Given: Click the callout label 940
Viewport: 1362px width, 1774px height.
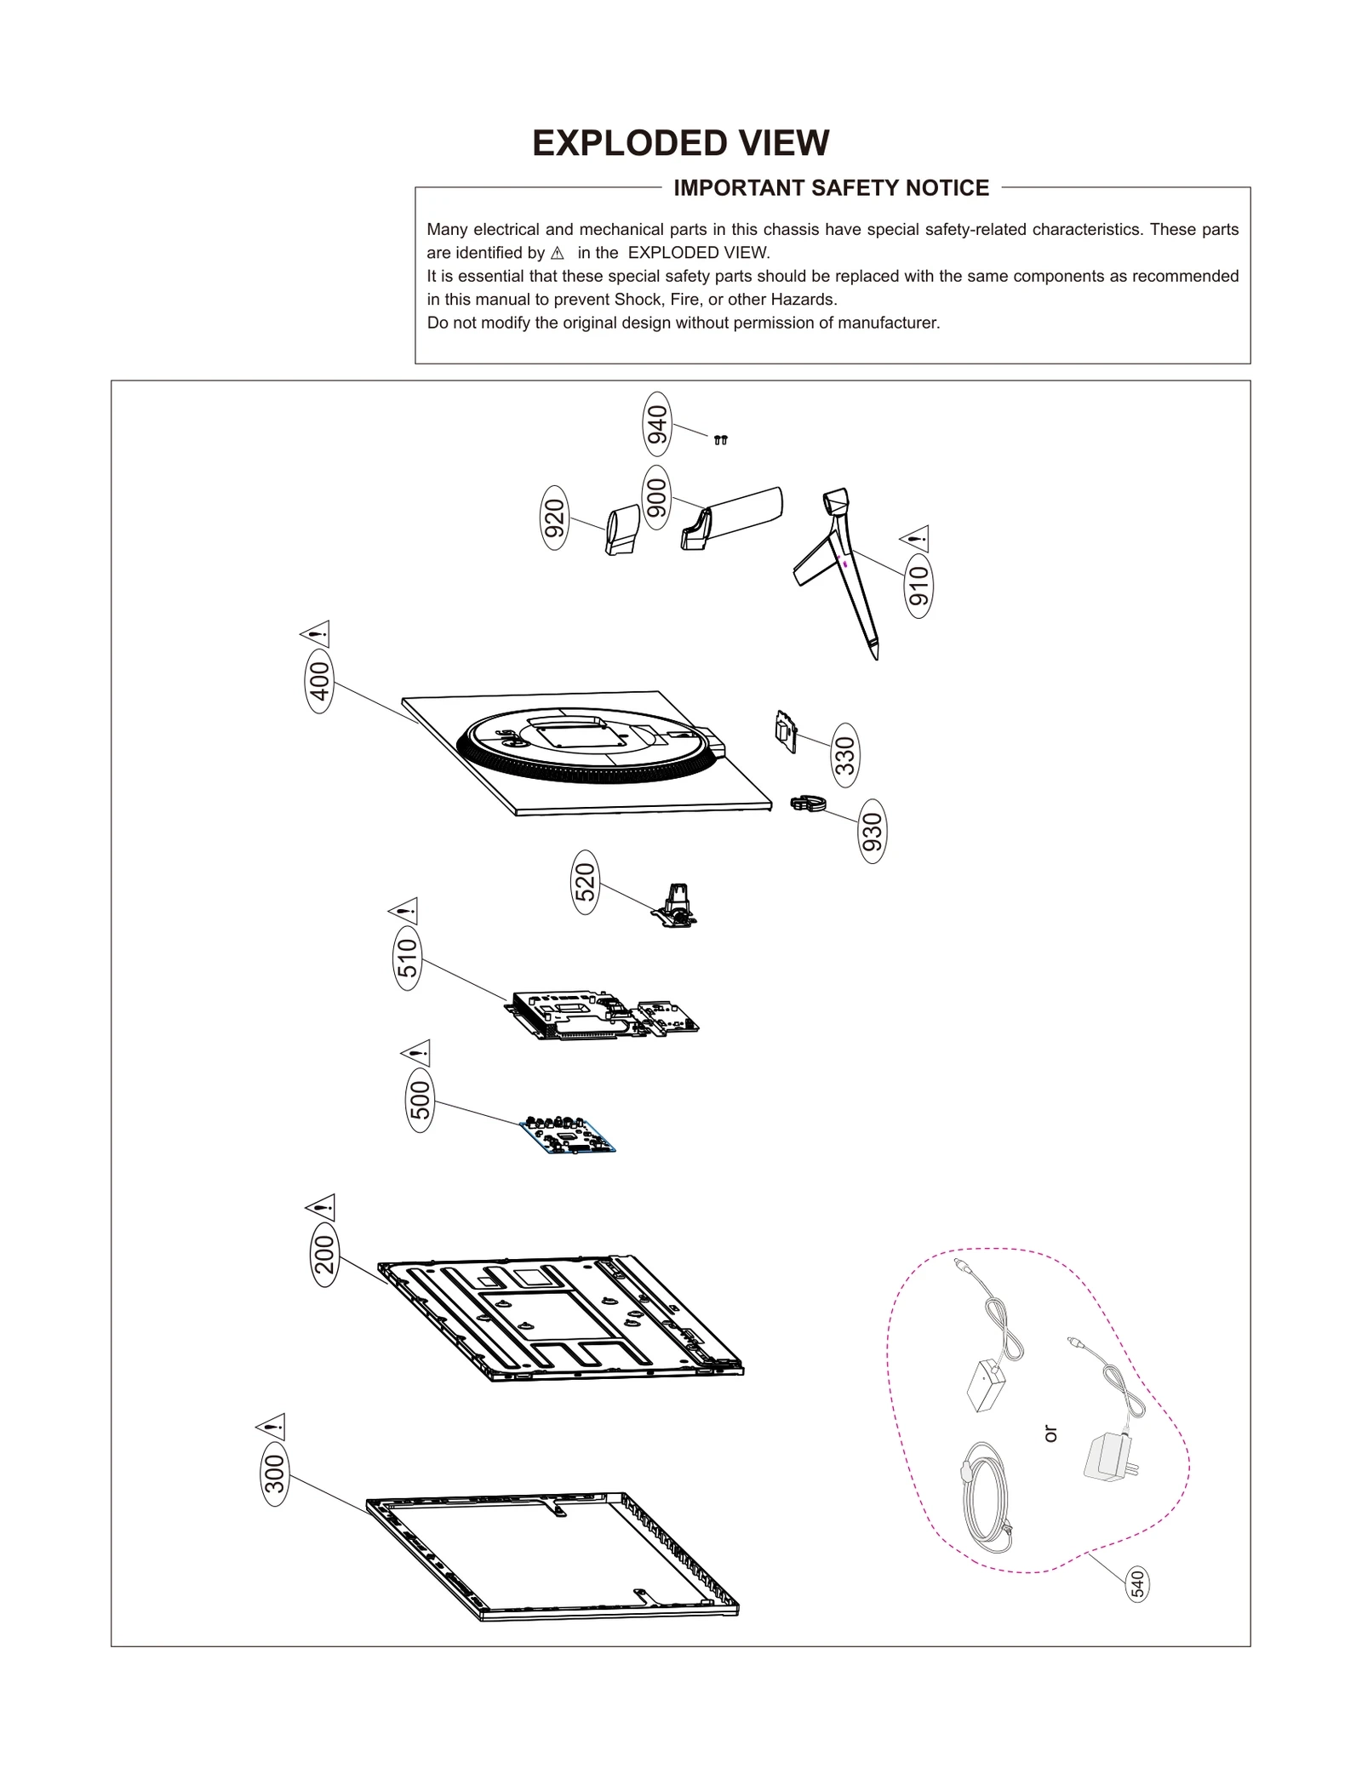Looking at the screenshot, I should tap(656, 424).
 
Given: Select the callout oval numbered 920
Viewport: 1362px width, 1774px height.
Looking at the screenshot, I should tap(554, 518).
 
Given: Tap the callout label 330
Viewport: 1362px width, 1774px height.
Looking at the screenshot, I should tap(844, 754).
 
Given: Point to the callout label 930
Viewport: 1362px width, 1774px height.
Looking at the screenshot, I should tap(873, 831).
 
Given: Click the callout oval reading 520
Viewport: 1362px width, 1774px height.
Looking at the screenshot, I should tap(585, 882).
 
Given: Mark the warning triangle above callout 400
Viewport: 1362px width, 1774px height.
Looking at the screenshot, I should tap(316, 634).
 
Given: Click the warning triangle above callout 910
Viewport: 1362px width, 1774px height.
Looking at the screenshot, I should tap(915, 539).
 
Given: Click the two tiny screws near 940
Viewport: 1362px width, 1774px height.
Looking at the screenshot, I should tap(720, 440).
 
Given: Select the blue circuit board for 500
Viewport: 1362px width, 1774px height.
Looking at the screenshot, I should tap(567, 1136).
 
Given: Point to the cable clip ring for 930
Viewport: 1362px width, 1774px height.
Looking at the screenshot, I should tap(808, 803).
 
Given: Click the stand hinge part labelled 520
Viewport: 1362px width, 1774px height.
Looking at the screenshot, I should tap(677, 906).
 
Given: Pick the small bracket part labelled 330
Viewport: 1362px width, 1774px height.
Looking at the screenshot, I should tap(785, 731).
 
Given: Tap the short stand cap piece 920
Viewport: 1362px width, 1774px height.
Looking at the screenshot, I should tap(622, 529).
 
